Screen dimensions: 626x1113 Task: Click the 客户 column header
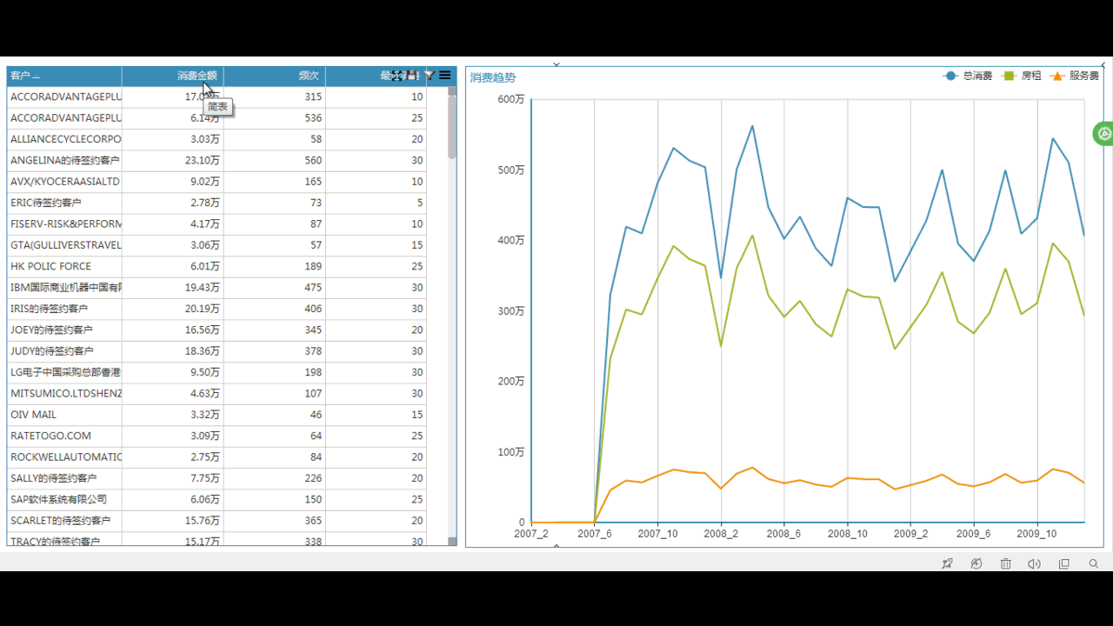24,77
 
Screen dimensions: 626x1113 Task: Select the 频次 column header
308,77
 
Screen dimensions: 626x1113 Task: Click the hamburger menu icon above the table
445,76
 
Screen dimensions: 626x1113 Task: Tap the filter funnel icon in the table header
430,76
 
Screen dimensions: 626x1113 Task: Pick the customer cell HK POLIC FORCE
50,266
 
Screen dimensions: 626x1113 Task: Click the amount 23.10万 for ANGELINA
203,160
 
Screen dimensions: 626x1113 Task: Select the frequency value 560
313,160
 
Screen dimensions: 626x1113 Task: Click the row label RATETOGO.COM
50,436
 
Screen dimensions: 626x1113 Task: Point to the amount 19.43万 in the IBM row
203,287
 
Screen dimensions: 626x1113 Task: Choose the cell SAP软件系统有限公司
58,499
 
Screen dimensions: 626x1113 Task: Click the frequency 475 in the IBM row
313,287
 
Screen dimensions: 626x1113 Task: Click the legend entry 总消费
968,77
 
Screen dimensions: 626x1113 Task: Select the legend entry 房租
1023,77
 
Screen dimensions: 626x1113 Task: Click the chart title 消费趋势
493,77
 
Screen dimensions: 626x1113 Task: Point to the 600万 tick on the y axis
510,99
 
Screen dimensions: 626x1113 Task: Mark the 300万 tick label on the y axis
510,310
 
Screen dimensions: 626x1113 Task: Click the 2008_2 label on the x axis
720,534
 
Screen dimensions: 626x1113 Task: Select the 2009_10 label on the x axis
1036,534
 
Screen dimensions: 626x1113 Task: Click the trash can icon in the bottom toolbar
1005,563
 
